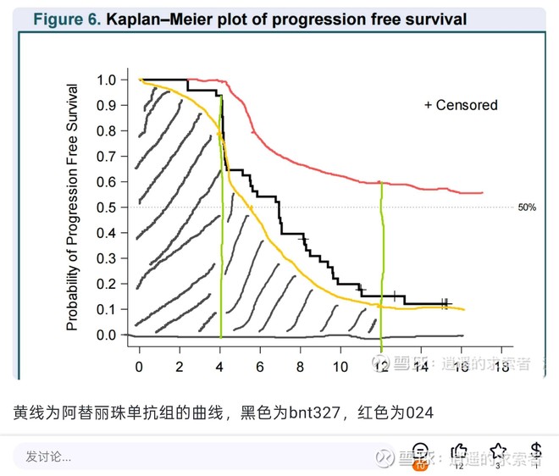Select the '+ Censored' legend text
click(461, 105)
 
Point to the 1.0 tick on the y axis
click(106, 80)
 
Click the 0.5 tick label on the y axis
click(106, 208)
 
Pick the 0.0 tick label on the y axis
click(106, 335)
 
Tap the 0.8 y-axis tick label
click(106, 131)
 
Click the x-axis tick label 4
click(220, 366)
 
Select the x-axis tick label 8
click(301, 366)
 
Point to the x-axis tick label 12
click(381, 366)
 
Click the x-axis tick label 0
click(140, 366)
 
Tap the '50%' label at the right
click(526, 208)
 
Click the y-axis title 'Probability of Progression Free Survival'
click(74, 207)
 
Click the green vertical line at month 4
click(221, 254)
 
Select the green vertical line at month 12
click(381, 254)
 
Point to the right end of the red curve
click(482, 193)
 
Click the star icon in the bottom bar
click(498, 452)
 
